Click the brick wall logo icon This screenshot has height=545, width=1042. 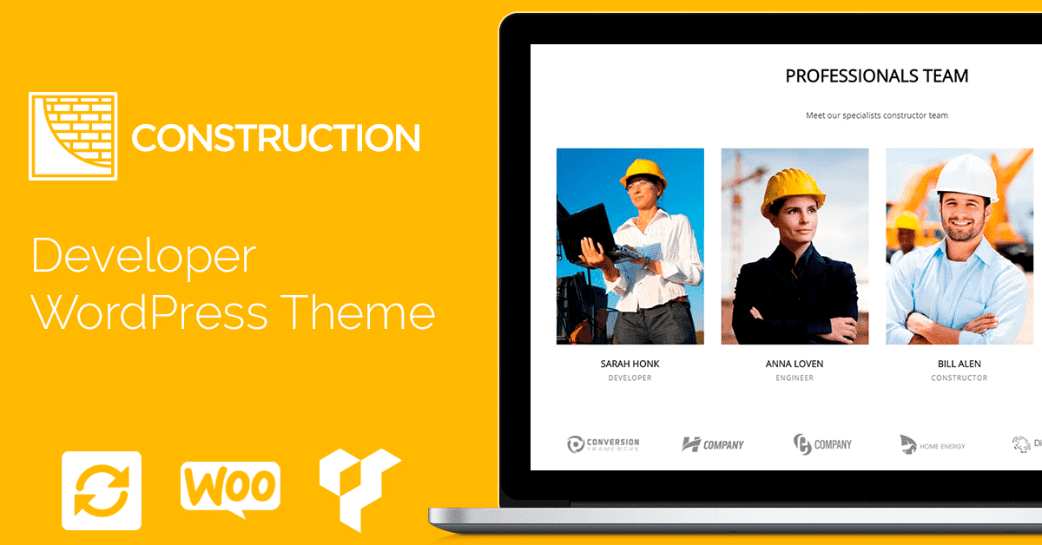pos(73,136)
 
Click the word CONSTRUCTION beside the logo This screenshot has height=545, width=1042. pos(276,138)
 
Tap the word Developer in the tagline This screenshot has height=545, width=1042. pos(144,257)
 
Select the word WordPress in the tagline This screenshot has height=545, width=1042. pos(149,312)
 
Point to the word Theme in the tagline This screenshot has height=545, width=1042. pos(358,312)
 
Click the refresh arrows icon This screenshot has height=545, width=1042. pos(102,490)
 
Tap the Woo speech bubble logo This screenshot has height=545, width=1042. pos(230,489)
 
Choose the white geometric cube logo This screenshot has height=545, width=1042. pos(359,489)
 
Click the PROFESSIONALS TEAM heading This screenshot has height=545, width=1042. pos(877,76)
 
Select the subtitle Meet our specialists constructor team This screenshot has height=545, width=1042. pos(877,115)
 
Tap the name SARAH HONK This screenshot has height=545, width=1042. pos(630,364)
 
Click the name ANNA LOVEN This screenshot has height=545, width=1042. pos(795,364)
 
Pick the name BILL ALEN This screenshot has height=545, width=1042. pos(960,364)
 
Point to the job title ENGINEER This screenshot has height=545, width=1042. pos(795,378)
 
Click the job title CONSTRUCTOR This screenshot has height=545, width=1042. pos(960,378)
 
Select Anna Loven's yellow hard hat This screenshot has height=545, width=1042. pos(792,191)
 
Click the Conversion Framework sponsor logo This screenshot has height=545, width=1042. pos(603,444)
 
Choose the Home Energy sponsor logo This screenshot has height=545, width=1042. pos(933,444)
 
